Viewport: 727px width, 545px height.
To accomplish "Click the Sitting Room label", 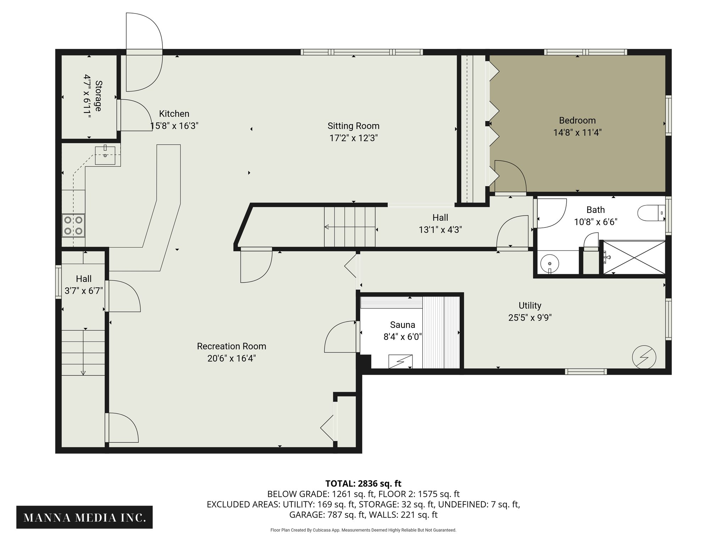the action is coord(353,126).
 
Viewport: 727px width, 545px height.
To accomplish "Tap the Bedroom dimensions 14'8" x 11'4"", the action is coord(577,133).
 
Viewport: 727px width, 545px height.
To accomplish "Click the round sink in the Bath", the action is coord(550,264).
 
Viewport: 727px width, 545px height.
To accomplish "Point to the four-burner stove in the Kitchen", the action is coord(73,225).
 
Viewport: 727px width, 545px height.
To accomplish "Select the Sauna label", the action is coord(402,325).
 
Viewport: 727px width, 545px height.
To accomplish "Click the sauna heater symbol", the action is coord(400,361).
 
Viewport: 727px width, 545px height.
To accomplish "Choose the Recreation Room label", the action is coord(231,346).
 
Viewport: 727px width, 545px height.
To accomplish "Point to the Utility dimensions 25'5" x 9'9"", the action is coord(530,318).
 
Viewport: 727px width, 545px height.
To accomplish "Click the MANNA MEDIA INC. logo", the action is coord(84,517).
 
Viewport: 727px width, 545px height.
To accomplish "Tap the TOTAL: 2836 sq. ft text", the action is coord(363,484).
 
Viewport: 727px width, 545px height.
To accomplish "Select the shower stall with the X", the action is coord(634,257).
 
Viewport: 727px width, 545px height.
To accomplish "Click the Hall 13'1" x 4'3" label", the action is coord(440,224).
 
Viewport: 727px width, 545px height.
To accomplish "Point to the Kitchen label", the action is coord(174,114).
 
